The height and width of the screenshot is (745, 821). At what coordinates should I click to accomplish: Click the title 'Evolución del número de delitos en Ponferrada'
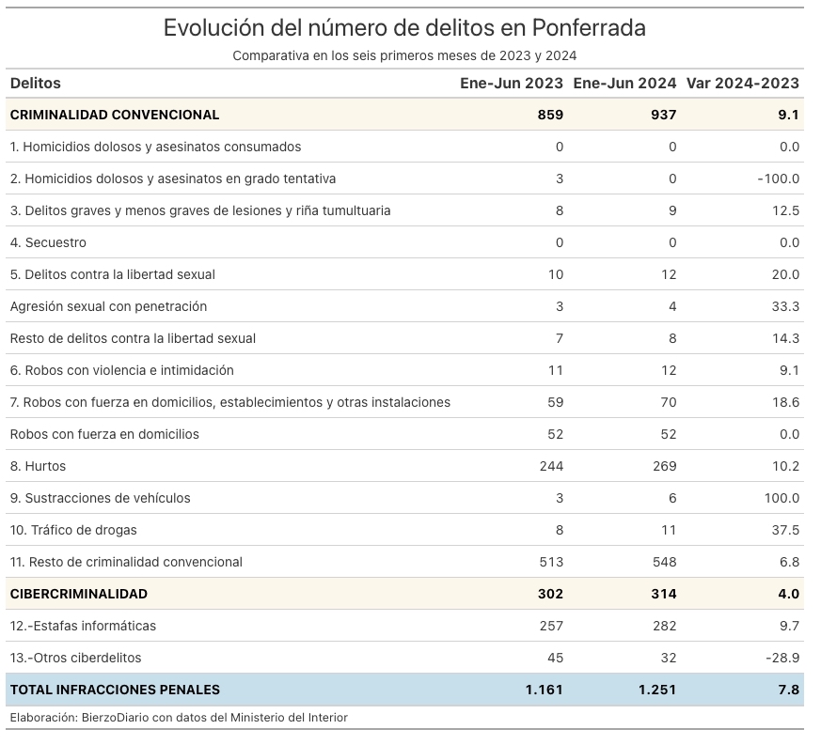404,28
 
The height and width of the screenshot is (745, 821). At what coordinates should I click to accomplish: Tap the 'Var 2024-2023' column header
742,84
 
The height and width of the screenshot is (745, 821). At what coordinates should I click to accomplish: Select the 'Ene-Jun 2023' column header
512,84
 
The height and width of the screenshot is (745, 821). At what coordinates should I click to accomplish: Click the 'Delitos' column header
35,84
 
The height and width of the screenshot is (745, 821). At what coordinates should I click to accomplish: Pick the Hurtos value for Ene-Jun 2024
665,466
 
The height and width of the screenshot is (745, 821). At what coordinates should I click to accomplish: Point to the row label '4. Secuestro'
48,242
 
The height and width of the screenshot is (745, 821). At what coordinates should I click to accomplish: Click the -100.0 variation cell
779,178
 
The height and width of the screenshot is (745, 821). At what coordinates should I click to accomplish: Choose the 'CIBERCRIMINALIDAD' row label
79,594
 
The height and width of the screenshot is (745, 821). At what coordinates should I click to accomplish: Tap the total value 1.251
657,690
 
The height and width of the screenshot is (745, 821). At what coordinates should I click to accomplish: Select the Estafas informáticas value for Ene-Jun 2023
551,626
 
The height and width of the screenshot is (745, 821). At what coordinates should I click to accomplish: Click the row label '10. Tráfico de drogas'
73,530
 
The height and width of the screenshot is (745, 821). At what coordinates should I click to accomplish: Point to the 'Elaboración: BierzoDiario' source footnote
179,717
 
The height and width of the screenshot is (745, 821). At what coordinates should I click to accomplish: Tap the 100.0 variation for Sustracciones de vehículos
782,498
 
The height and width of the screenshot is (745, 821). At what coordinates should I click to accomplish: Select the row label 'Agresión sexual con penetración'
108,306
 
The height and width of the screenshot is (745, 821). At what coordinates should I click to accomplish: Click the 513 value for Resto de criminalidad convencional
551,562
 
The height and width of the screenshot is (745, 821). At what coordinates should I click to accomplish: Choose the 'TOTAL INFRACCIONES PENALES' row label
115,690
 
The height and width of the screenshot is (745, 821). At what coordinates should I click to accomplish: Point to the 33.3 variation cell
785,306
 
